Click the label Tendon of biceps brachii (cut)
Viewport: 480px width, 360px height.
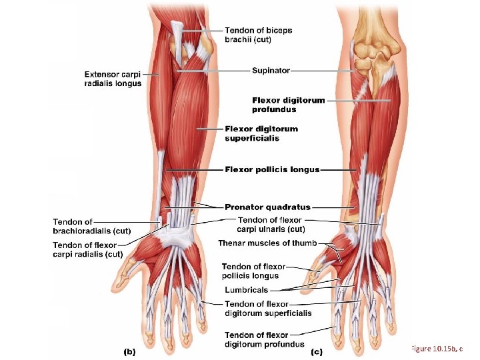[258, 35]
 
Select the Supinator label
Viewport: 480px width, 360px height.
[270, 70]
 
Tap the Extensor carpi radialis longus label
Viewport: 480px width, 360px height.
[113, 79]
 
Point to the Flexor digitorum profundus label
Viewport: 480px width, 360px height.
[288, 105]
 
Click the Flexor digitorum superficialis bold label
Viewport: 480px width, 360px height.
[261, 133]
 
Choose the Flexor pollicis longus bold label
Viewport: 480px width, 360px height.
[272, 169]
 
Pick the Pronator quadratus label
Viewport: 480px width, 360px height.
[267, 207]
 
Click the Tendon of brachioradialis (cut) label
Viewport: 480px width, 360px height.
[91, 227]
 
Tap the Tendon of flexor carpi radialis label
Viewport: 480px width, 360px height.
[87, 249]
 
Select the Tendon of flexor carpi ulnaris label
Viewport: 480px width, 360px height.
[271, 225]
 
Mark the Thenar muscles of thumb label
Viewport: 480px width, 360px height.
[267, 243]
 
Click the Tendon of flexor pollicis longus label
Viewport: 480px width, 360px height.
[253, 271]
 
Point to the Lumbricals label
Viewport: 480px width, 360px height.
[246, 290]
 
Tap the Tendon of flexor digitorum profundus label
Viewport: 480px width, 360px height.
[265, 339]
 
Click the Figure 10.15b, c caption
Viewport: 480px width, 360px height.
[437, 349]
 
